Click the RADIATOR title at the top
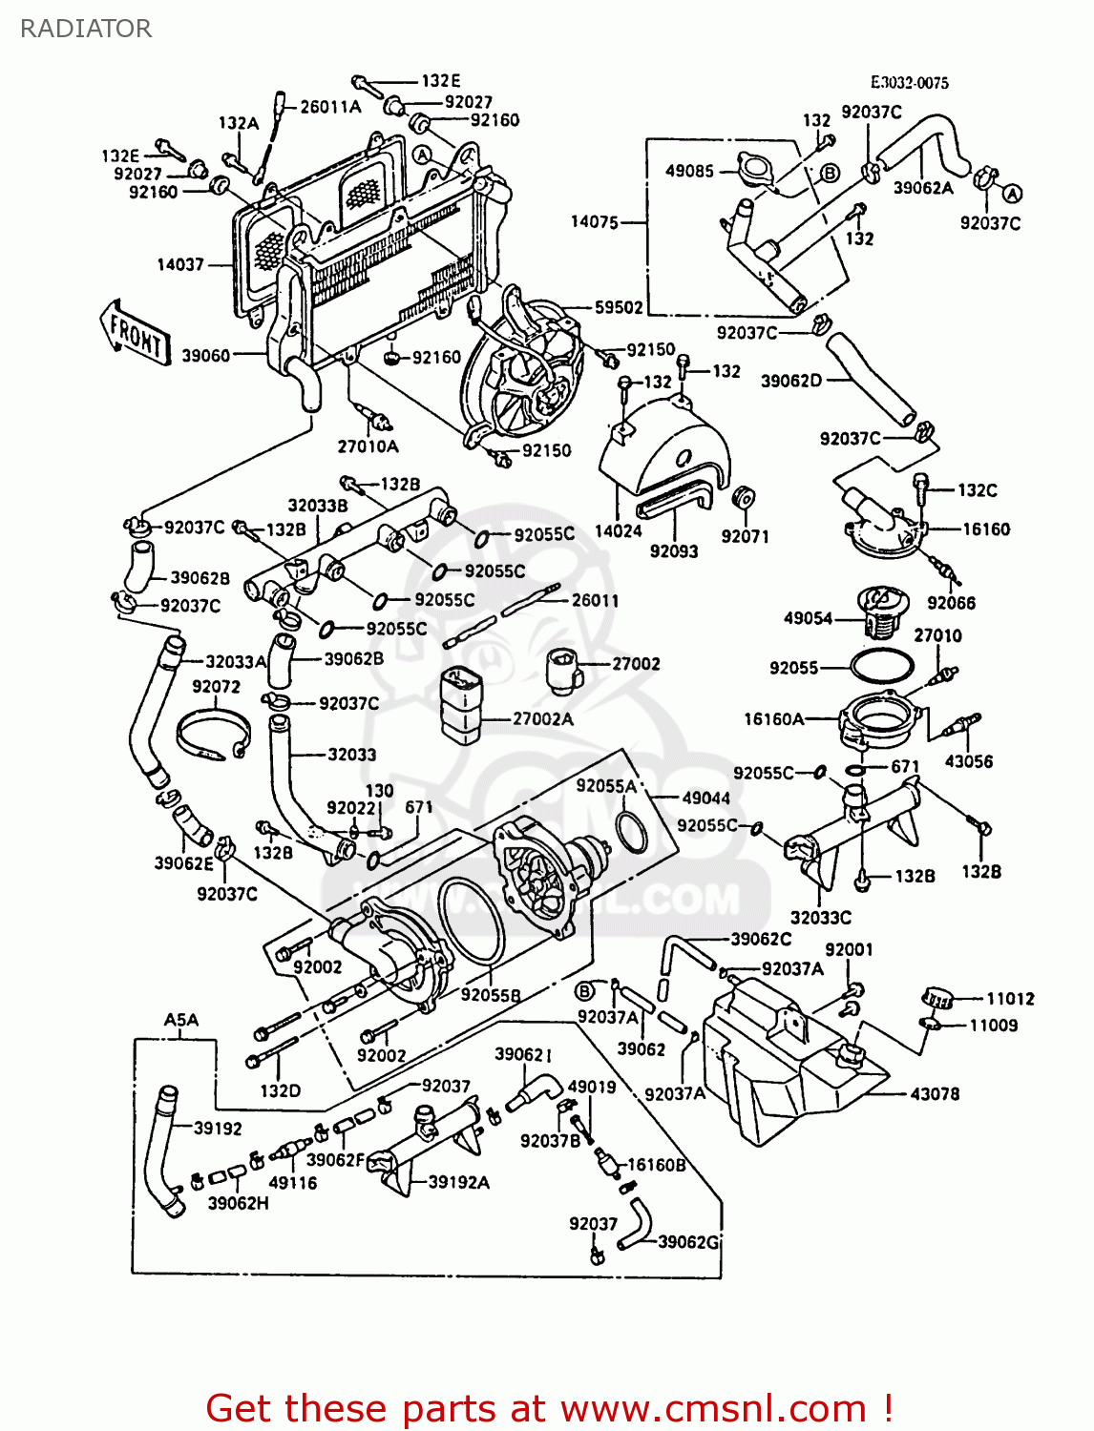pyautogui.click(x=86, y=29)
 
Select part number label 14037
pyautogui.click(x=180, y=264)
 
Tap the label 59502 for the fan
pyautogui.click(x=619, y=307)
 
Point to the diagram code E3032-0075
pyautogui.click(x=909, y=83)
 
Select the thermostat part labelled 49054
pyautogui.click(x=877, y=613)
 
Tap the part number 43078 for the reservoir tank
pyautogui.click(x=935, y=1093)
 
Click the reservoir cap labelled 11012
pyautogui.click(x=937, y=999)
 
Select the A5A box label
pyautogui.click(x=180, y=1020)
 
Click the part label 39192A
pyautogui.click(x=458, y=1182)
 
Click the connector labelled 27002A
pyautogui.click(x=462, y=703)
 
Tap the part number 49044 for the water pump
pyautogui.click(x=705, y=798)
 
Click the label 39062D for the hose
pyautogui.click(x=790, y=381)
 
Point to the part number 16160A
pyautogui.click(x=773, y=719)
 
